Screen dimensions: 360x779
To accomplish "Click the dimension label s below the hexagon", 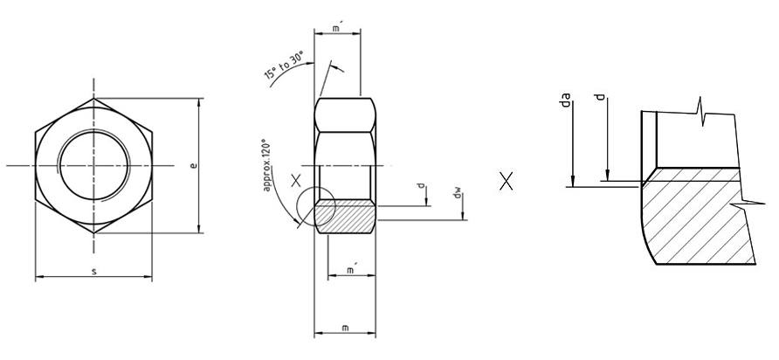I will (93, 273).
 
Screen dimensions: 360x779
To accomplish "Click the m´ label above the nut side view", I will (338, 28).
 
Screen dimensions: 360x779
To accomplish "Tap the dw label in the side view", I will (457, 192).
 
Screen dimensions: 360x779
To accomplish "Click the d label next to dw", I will (420, 186).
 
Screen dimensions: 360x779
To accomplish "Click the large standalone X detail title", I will (506, 182).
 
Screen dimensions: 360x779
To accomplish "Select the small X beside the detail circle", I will (297, 181).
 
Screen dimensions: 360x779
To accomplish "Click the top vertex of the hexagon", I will (93, 99).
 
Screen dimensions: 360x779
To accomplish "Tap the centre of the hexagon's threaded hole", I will (93, 165).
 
